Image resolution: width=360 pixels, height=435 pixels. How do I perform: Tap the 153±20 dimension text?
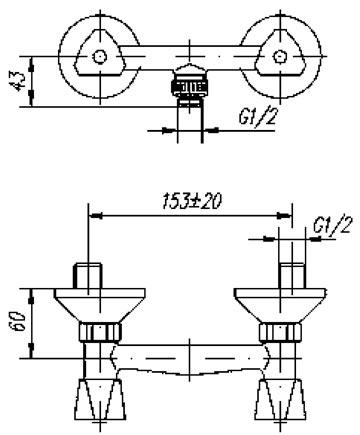[x=192, y=202]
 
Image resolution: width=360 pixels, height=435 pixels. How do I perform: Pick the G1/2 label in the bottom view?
[x=332, y=225]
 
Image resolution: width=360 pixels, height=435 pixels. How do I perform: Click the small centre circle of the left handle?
[x=99, y=57]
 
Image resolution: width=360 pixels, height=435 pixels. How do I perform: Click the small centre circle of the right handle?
[x=280, y=56]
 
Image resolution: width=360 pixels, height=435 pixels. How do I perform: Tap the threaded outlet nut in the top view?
[x=189, y=86]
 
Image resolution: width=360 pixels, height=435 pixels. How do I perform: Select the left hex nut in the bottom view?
[x=100, y=332]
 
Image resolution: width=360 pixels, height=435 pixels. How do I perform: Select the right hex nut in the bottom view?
[x=281, y=332]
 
